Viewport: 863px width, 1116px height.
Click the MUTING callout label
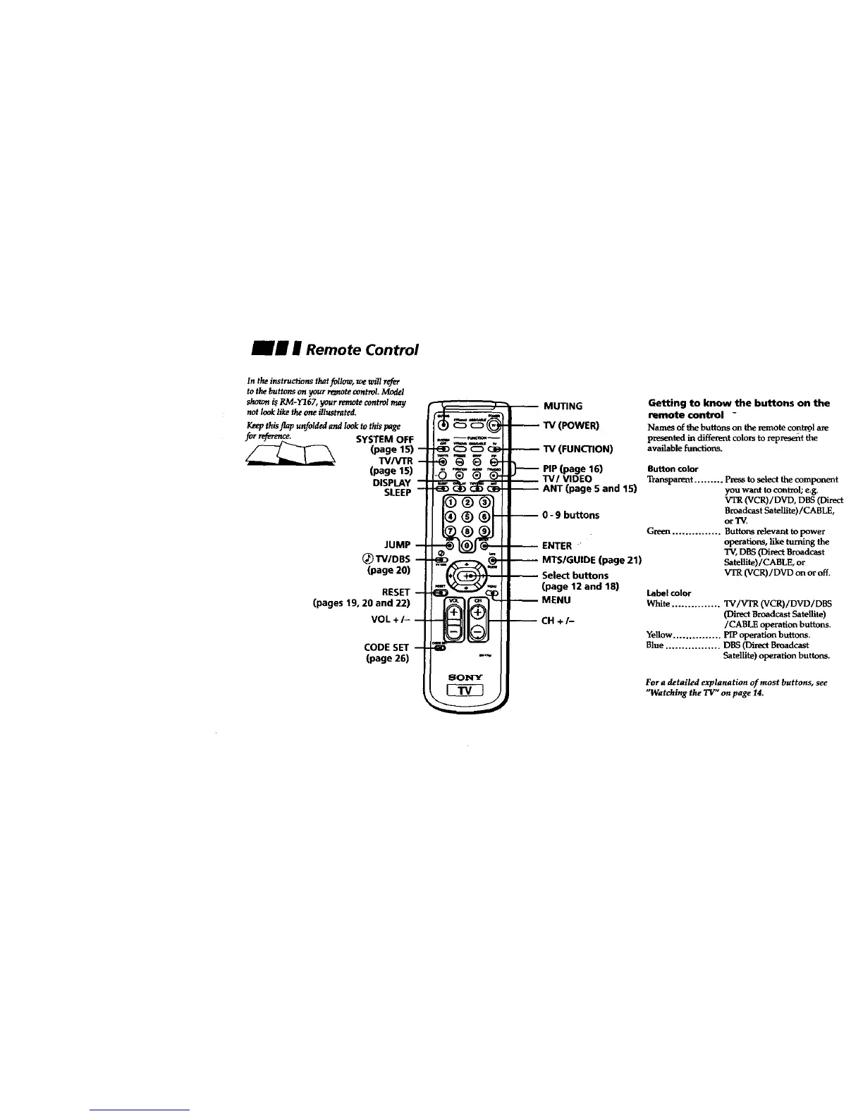pos(563,407)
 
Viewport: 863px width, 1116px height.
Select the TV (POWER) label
pos(570,426)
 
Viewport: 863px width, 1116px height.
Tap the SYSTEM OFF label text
pos(385,440)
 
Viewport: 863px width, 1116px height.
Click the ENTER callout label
pos(556,545)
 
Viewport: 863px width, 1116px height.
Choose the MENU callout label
pos(556,600)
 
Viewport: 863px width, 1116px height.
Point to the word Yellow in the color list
pos(659,635)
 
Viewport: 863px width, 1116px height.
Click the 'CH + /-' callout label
pos(561,621)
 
